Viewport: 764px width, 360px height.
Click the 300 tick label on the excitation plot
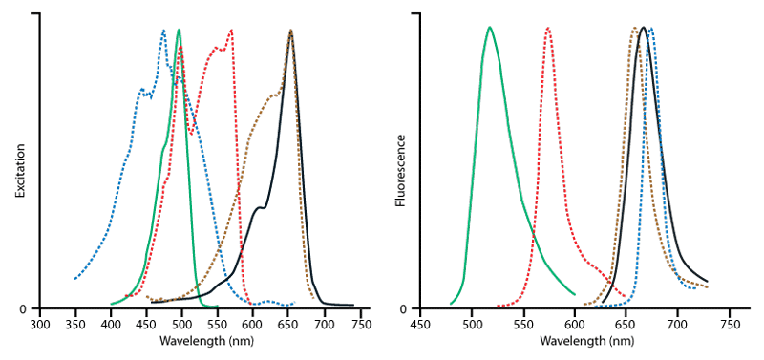coord(39,325)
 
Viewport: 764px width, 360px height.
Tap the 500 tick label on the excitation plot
coord(181,325)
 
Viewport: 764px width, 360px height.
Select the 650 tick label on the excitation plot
coord(288,325)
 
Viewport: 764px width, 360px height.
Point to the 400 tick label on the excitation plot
coord(111,325)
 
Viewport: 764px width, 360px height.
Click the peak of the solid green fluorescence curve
coord(490,28)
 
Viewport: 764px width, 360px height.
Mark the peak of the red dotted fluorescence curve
coord(548,28)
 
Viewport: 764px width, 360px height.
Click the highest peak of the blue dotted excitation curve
coord(163,31)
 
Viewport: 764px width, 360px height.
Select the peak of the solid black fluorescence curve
coord(644,28)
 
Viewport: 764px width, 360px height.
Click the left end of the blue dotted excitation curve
coord(75,279)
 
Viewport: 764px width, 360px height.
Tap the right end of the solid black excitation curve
coord(353,306)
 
